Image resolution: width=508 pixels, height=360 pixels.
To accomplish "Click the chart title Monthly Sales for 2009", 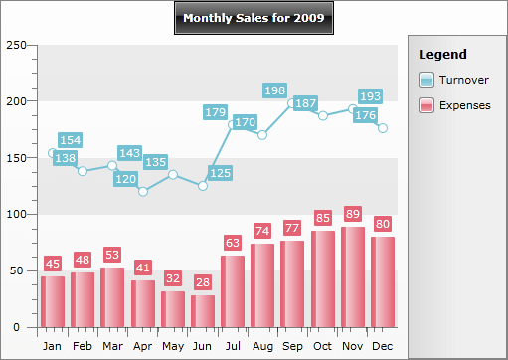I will tap(254, 18).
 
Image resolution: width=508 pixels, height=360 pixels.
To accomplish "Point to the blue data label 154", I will tap(70, 140).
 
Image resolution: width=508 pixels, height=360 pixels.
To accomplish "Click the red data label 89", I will tap(353, 214).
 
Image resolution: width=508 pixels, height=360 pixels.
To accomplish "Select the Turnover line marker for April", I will tap(143, 191).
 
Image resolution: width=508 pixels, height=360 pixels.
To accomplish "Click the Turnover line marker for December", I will tap(383, 128).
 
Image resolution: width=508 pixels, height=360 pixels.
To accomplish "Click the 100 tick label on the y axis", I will tap(15, 214).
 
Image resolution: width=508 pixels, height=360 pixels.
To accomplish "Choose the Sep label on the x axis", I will tap(293, 345).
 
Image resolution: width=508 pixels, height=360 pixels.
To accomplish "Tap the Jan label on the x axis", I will tap(53, 345).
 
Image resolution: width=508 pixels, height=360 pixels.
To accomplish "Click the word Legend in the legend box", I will tap(442, 54).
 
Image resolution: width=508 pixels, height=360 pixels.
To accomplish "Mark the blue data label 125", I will tap(221, 173).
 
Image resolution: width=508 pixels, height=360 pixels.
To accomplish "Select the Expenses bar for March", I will tap(112, 296).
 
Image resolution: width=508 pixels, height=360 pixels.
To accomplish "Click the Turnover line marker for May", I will tap(173, 174).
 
